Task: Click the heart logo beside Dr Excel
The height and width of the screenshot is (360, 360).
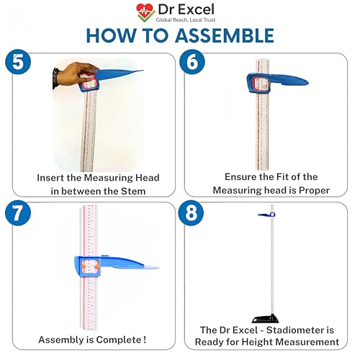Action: [x=145, y=12]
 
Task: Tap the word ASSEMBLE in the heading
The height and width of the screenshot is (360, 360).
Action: [x=225, y=35]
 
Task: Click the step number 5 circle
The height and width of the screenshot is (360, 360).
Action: [x=18, y=61]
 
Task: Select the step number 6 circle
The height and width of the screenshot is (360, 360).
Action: [x=192, y=62]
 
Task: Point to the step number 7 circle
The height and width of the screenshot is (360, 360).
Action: [x=18, y=213]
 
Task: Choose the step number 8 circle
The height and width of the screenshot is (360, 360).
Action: [x=191, y=213]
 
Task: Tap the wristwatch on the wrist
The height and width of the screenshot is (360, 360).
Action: [x=55, y=78]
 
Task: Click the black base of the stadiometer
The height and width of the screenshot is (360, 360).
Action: [x=266, y=318]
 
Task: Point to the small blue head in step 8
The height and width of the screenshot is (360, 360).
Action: [x=266, y=215]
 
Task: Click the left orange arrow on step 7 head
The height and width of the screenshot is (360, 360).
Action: [x=84, y=266]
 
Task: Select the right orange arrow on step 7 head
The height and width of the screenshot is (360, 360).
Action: [x=96, y=266]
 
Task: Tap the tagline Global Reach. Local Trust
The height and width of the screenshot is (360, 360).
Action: [x=186, y=19]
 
